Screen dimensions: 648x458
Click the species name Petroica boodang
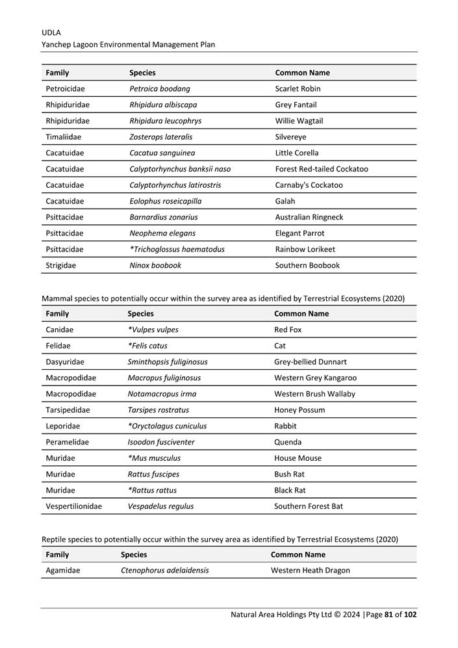(x=160, y=89)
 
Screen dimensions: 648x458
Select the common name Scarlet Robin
(x=298, y=89)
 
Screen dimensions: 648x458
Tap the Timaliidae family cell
(x=64, y=137)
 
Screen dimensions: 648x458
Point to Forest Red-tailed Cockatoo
(x=322, y=169)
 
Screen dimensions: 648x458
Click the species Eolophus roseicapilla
(x=165, y=201)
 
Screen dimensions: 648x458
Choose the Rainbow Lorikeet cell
(x=305, y=250)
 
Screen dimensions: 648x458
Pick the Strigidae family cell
(x=60, y=265)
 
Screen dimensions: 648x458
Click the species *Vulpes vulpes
(x=153, y=330)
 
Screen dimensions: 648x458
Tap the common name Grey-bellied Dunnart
(x=311, y=362)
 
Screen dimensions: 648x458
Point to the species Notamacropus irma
(x=162, y=394)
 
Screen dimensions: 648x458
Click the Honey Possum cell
(x=299, y=410)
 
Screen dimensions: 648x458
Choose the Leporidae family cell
(x=63, y=426)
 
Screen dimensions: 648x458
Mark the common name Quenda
(x=288, y=442)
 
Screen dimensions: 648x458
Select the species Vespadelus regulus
(x=160, y=506)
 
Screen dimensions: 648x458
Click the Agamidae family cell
(x=63, y=571)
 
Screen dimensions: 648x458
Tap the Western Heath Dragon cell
(x=311, y=571)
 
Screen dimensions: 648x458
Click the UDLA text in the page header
(x=52, y=32)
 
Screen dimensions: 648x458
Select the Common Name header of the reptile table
(x=298, y=555)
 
